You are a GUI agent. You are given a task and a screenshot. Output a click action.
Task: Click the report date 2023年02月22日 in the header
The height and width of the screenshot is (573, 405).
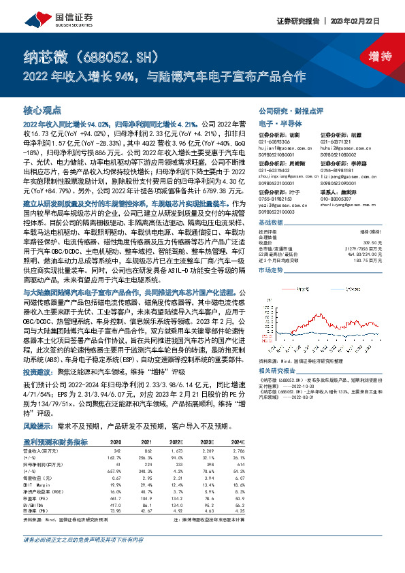[359, 20]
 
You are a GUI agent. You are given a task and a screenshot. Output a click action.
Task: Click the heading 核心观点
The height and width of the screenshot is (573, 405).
[42, 110]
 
